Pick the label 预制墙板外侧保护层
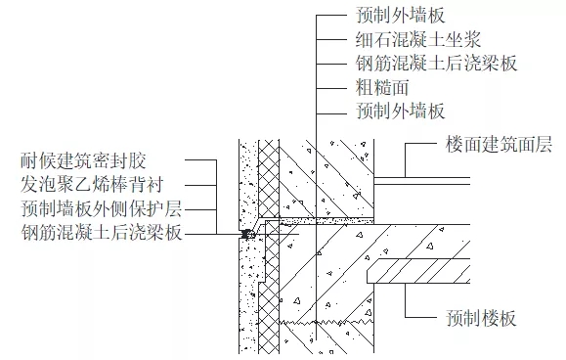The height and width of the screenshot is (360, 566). (102, 208)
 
